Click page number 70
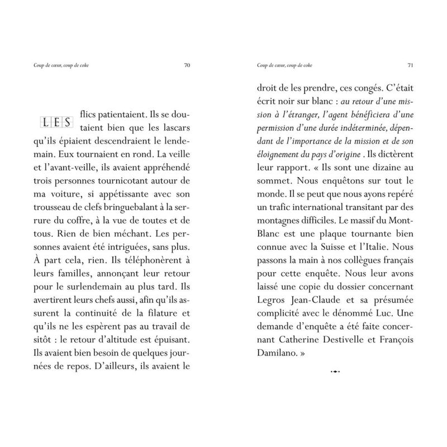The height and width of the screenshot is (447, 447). (187, 65)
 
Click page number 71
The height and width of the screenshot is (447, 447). (410, 65)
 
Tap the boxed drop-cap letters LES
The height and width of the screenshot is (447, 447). (54, 121)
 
